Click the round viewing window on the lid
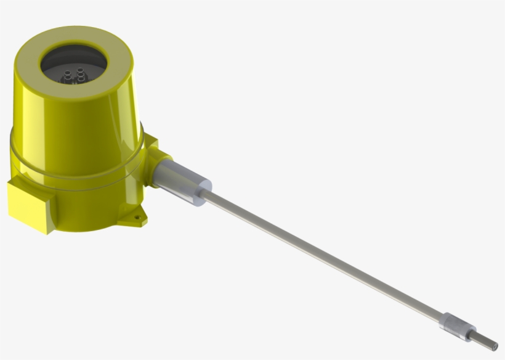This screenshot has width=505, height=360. point(73,65)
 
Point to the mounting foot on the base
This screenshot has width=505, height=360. point(136,216)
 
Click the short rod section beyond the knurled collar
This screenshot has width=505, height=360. point(483,338)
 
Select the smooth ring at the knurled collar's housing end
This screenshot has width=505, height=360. point(444,319)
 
